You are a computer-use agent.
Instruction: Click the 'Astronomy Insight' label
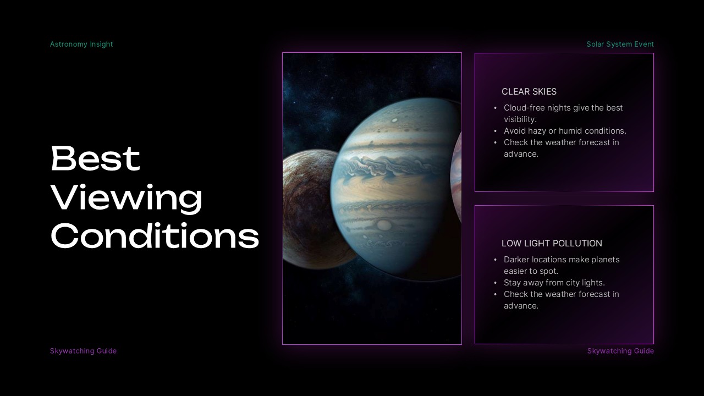point(81,44)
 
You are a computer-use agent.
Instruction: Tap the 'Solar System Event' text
point(620,44)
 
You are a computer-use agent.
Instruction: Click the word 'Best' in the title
point(95,159)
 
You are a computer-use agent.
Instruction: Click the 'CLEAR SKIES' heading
point(529,92)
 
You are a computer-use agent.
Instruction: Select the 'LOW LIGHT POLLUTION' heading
point(552,243)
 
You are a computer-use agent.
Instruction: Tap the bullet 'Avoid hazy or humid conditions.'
point(565,131)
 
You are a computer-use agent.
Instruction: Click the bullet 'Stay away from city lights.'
point(554,283)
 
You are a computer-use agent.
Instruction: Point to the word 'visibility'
point(519,119)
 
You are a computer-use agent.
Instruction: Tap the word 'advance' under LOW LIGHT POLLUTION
point(520,306)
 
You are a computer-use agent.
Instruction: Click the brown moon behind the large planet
point(305,209)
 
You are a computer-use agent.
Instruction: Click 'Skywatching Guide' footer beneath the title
point(83,351)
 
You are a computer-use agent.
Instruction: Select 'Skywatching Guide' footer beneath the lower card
point(620,351)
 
